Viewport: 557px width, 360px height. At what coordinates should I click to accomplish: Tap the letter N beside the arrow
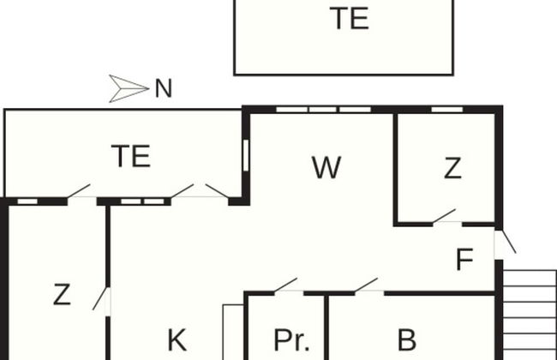(x=164, y=88)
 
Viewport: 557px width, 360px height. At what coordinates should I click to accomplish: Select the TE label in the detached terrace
(x=350, y=19)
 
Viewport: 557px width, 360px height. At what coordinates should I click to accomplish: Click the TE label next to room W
(x=131, y=156)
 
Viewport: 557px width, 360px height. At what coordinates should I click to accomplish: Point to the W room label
(x=326, y=167)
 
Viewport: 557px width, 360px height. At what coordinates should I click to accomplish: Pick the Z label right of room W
(x=452, y=169)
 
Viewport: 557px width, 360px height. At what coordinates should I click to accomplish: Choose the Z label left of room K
(x=61, y=295)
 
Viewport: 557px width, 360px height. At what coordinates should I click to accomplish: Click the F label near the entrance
(x=464, y=260)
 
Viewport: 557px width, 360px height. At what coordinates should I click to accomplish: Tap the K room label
(x=177, y=340)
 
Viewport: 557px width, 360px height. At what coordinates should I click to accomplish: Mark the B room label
(x=407, y=340)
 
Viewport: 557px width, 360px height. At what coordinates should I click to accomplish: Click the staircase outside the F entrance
(x=529, y=313)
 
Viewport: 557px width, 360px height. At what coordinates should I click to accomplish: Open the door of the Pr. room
(x=286, y=286)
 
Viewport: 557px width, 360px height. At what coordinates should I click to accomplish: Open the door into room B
(x=367, y=286)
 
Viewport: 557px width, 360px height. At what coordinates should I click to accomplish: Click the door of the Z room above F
(x=445, y=218)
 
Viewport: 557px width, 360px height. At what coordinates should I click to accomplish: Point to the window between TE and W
(x=245, y=156)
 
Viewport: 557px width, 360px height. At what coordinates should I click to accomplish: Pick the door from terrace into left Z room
(x=80, y=192)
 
